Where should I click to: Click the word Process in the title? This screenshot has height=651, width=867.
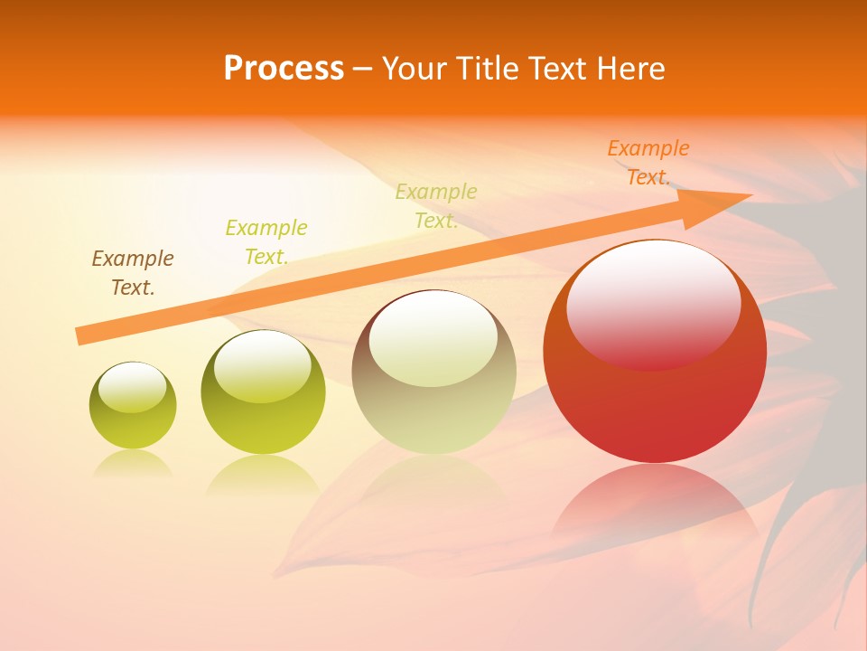(284, 69)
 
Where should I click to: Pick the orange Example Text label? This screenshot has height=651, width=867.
(648, 163)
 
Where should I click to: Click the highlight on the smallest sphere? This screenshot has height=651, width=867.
(133, 387)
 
